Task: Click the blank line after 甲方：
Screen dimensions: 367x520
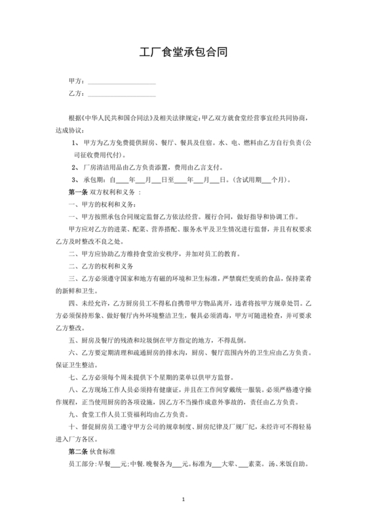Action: click(121, 82)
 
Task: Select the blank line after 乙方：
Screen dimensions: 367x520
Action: click(121, 96)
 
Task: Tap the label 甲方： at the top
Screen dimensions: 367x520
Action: click(76, 82)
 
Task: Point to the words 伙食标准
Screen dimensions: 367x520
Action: click(105, 452)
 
